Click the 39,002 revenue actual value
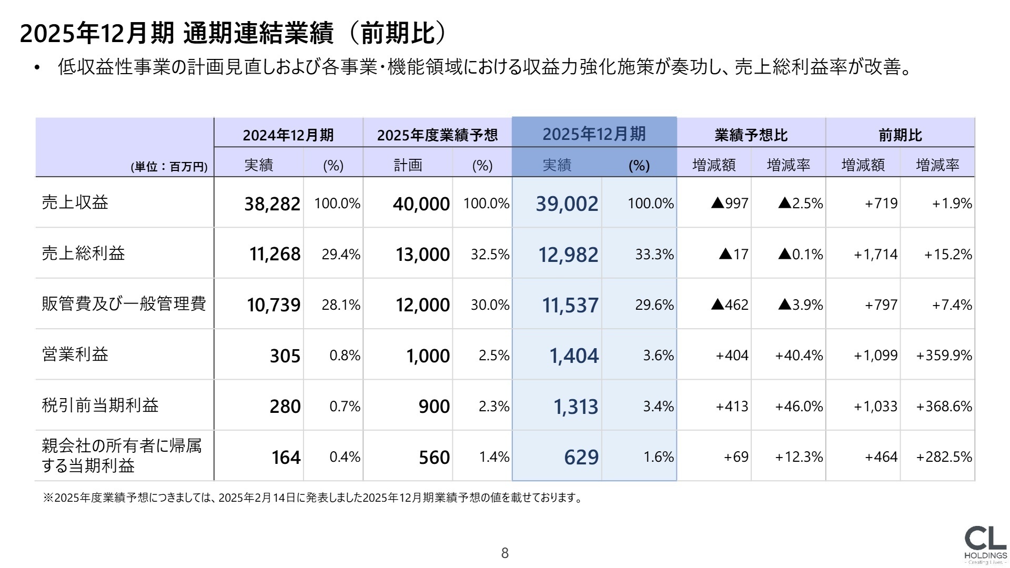(x=567, y=204)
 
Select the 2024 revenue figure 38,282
(x=272, y=204)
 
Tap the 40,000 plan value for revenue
(x=421, y=204)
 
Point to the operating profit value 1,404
(x=573, y=356)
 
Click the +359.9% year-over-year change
(x=944, y=356)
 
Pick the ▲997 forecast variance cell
(x=730, y=204)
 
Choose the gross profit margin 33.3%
(x=654, y=255)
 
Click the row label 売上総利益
(x=83, y=253)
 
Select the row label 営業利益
(x=75, y=354)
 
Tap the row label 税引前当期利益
(x=100, y=405)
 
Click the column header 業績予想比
(x=751, y=135)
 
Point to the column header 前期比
(x=900, y=135)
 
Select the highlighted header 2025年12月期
(x=594, y=134)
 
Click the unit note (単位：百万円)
(x=169, y=167)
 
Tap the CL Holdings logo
(x=985, y=544)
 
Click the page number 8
(x=505, y=553)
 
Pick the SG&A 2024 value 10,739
(x=274, y=305)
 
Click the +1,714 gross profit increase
(x=875, y=255)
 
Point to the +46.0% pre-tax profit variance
(x=799, y=407)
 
